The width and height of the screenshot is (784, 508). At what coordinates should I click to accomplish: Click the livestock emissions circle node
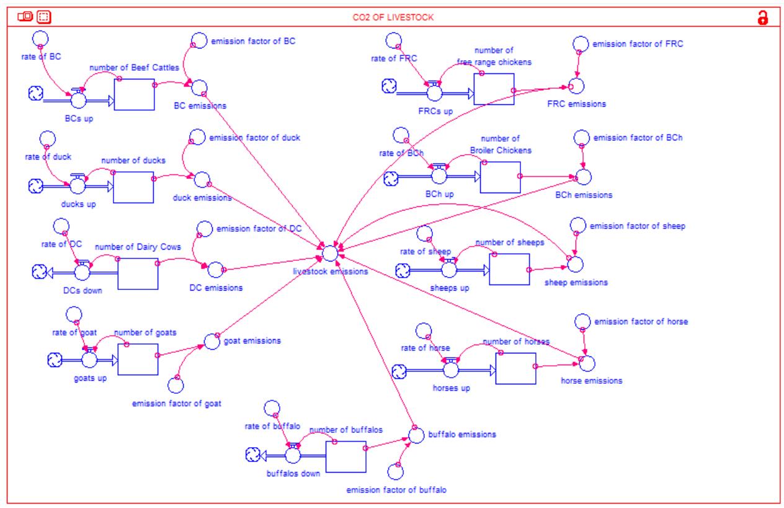point(330,253)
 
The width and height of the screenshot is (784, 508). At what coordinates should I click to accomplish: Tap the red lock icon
point(763,17)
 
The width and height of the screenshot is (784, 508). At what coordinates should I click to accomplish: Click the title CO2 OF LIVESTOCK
point(393,17)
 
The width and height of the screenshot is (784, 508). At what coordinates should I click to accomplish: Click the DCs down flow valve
point(82,272)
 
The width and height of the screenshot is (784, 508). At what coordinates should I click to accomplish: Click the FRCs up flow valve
point(434,92)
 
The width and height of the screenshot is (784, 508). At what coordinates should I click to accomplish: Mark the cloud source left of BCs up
point(36,94)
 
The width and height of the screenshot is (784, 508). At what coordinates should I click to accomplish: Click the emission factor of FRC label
point(638,44)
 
